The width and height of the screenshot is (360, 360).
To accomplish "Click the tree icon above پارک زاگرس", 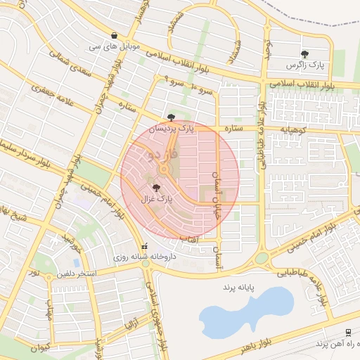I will [304, 54].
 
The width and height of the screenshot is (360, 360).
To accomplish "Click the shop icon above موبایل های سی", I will [114, 36].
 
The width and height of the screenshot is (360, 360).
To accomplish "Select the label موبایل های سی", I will [114, 46].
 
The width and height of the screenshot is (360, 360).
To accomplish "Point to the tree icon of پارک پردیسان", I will [172, 117].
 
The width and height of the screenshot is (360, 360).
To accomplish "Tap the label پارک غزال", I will [156, 200].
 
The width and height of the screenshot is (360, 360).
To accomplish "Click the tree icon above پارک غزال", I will [156, 188].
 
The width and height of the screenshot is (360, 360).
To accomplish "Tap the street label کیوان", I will [40, 347].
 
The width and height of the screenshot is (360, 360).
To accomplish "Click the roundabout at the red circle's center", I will [165, 169].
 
